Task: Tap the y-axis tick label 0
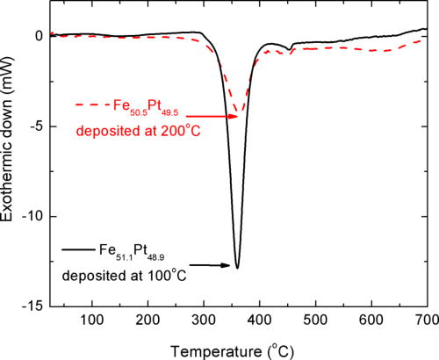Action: point(36,36)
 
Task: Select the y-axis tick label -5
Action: point(32,126)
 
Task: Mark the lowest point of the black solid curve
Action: point(236,267)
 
